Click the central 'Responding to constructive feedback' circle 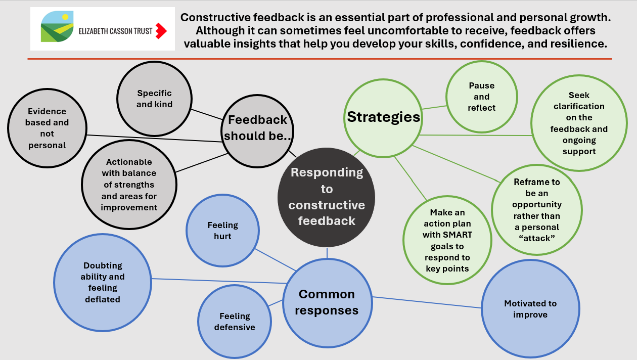[327, 196]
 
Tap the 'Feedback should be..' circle [258, 127]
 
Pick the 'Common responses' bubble [327, 302]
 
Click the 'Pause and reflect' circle [481, 97]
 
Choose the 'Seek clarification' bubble [579, 123]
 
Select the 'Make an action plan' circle [447, 241]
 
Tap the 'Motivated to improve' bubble [530, 309]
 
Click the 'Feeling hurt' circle [222, 231]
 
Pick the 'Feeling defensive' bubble [235, 322]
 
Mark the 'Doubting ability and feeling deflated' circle [103, 282]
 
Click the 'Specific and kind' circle [154, 99]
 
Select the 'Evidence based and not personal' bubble [47, 128]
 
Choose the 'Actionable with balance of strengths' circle [129, 185]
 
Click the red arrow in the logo [161, 31]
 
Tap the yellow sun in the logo [65, 17]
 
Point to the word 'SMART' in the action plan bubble [457, 235]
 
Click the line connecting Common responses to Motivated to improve [427, 302]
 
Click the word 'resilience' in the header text [580, 44]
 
